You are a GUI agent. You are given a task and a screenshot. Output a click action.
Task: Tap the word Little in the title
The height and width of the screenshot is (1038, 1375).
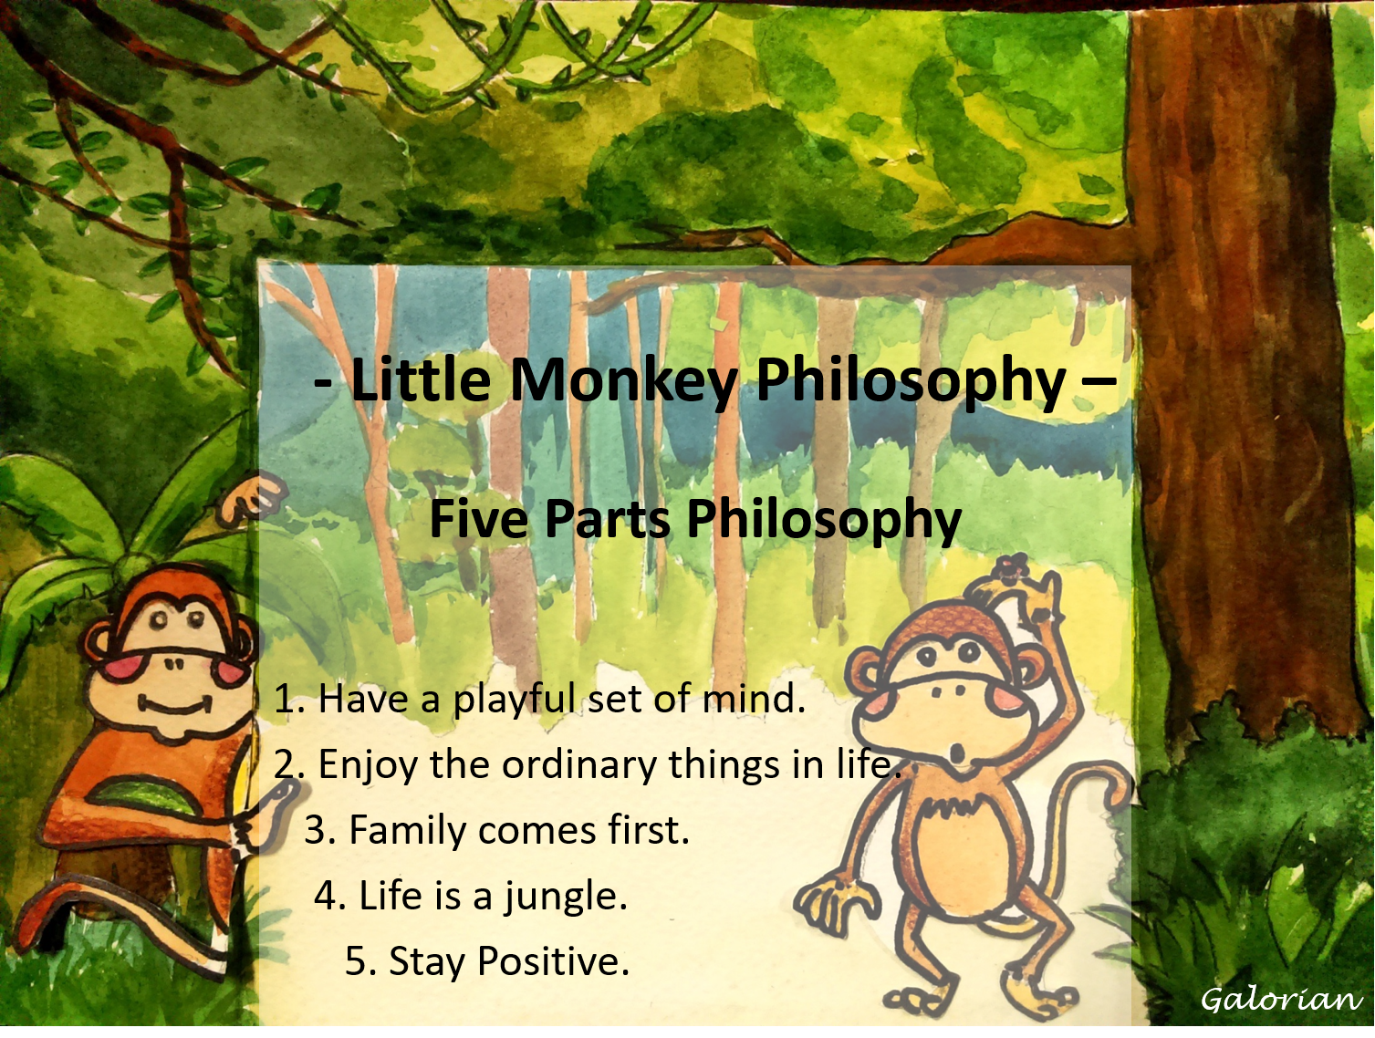421,379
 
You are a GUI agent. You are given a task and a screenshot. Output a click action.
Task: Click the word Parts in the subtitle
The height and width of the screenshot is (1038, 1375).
607,518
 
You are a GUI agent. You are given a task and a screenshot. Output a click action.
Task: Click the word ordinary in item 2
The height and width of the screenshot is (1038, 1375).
578,764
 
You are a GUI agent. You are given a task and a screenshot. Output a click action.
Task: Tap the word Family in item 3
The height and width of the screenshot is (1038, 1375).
406,831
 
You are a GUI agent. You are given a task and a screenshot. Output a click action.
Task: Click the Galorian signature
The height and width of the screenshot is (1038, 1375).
1280,1000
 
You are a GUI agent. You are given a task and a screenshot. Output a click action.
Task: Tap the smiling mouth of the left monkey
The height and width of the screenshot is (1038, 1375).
175,705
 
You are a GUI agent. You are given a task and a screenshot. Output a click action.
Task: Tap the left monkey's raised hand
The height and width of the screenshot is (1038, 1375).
253,498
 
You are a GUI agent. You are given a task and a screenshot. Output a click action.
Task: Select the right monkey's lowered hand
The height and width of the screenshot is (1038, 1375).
832,903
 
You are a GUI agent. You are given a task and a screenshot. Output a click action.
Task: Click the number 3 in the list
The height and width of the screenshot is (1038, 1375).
316,831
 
